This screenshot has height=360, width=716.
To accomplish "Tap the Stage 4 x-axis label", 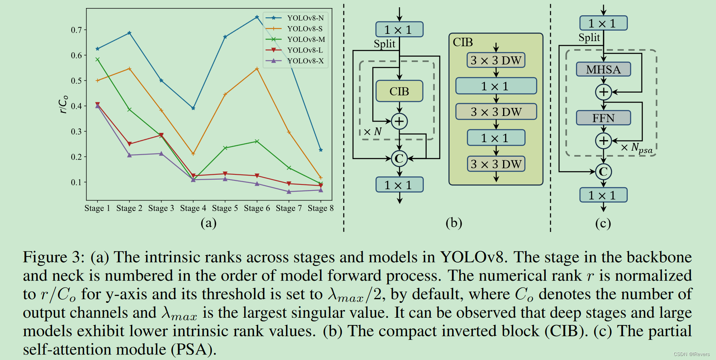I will (193, 208).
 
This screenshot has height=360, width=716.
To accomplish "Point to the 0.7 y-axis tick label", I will (76, 30).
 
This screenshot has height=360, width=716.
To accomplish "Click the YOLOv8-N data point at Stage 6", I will (257, 17).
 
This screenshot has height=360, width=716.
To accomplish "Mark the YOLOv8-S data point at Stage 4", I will (193, 154).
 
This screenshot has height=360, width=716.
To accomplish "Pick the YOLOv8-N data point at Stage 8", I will (321, 150).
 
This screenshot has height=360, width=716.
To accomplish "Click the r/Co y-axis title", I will (63, 105).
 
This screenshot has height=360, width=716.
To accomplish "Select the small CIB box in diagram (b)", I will (399, 91).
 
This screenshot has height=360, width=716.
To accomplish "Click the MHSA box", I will (603, 69).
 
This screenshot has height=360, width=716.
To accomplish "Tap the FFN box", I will (603, 118).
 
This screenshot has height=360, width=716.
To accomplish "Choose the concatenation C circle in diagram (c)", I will (603, 172).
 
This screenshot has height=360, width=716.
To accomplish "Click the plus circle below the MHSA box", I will (603, 92).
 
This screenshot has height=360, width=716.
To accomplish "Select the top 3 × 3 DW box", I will (496, 60).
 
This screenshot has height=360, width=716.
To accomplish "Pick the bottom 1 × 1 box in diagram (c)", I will (603, 195).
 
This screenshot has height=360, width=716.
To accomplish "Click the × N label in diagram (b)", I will (372, 132).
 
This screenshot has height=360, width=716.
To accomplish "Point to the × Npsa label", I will (636, 148).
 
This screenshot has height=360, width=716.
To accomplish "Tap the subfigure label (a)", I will (208, 223).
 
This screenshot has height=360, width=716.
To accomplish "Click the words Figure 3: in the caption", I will (54, 257).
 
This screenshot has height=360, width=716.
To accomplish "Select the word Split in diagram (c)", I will (589, 38).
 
